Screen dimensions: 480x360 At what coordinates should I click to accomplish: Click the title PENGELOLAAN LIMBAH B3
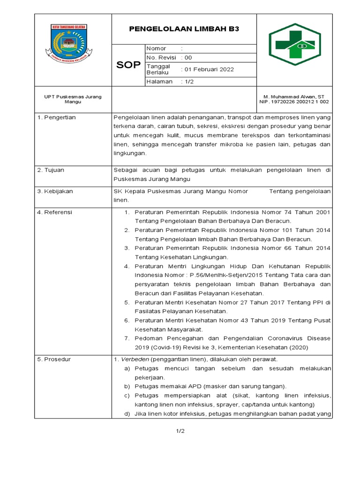(x=184, y=29)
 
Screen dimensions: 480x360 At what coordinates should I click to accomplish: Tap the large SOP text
(x=128, y=65)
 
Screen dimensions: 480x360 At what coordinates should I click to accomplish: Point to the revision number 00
(x=188, y=58)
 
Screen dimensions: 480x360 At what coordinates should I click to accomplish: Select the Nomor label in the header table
(x=156, y=49)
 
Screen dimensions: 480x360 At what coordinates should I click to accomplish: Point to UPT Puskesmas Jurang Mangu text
(x=73, y=99)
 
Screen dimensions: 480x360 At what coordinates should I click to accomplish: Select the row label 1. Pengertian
(x=56, y=117)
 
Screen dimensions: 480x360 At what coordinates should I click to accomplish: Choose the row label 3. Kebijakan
(x=55, y=191)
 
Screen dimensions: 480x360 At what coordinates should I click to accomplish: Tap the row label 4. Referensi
(x=55, y=212)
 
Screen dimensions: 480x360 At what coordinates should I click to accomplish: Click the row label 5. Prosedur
(x=54, y=360)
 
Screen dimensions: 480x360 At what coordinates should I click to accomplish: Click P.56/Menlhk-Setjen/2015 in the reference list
(x=224, y=275)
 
